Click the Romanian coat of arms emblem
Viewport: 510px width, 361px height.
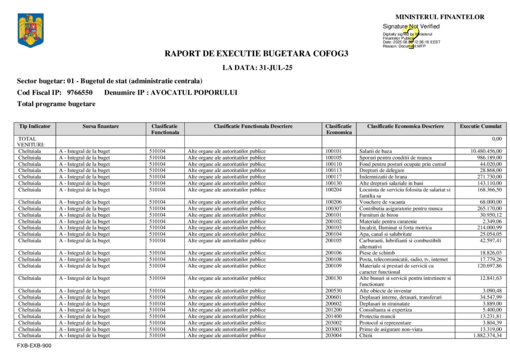point(30,30)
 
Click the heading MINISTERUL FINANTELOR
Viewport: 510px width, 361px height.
point(440,17)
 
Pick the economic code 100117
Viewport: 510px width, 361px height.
point(334,177)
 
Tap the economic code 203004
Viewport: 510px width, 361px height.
point(334,336)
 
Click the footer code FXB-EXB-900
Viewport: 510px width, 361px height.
point(34,345)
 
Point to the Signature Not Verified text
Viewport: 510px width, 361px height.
point(411,26)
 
